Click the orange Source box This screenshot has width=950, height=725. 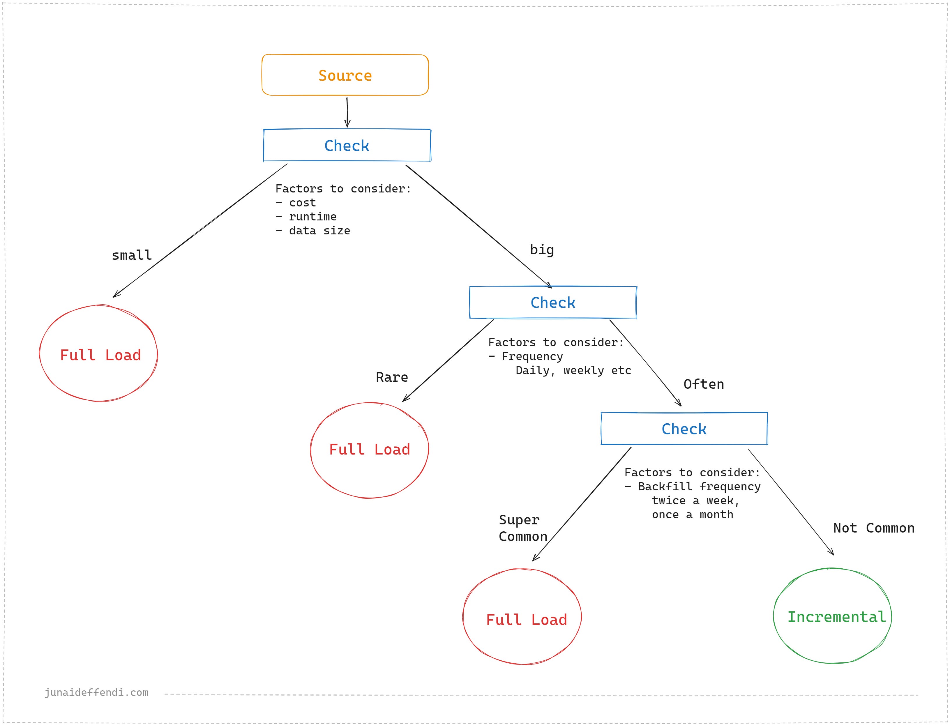(345, 75)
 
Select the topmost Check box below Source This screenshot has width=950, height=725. (347, 145)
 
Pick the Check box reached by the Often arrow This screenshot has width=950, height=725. (684, 429)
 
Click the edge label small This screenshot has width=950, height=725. (132, 255)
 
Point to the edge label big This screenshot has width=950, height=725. (542, 250)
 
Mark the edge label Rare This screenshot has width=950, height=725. (391, 377)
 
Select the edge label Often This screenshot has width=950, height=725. (704, 384)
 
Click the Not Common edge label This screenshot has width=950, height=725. (874, 528)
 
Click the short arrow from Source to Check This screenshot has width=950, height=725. (347, 112)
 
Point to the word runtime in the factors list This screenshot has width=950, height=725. (312, 217)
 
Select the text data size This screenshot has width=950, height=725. (319, 230)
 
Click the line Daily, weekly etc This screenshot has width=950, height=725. (573, 370)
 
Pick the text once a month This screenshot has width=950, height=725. (692, 514)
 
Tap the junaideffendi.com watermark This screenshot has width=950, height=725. (96, 692)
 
